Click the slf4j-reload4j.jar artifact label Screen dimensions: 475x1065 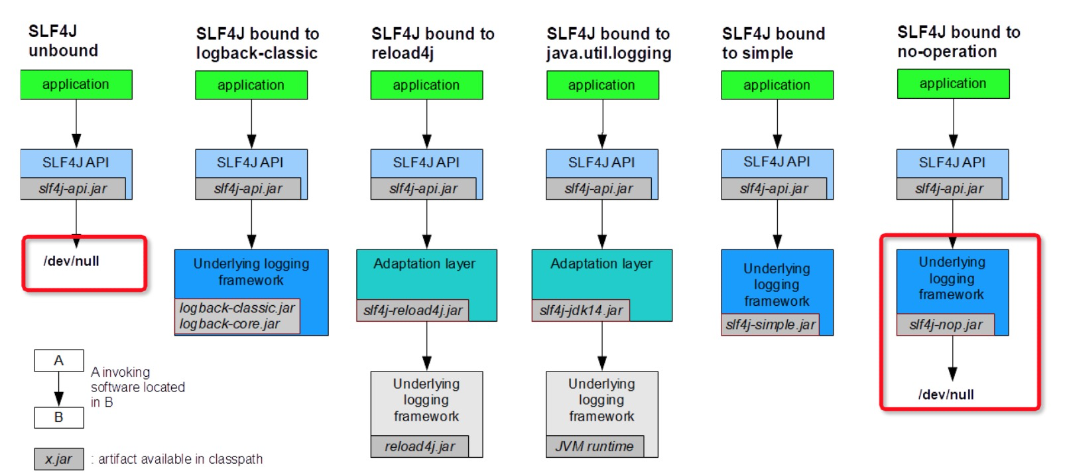[412, 310]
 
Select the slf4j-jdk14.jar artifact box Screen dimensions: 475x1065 [581, 310]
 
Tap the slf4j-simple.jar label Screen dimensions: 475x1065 [770, 324]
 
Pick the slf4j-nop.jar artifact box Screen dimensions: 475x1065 [946, 324]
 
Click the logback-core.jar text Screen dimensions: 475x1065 [229, 324]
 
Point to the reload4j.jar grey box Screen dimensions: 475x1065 [419, 446]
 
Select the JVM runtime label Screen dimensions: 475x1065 [594, 446]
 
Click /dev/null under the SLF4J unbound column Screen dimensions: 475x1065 [71, 261]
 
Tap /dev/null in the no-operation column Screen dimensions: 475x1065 [946, 395]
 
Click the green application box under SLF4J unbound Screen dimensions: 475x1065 [76, 85]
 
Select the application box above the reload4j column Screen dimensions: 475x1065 [426, 86]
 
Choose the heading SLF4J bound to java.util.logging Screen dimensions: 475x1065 [608, 43]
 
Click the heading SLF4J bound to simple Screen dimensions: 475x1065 [773, 43]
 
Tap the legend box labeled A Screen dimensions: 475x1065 [59, 361]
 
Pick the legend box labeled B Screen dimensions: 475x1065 [59, 417]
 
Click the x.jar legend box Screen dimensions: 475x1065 [59, 459]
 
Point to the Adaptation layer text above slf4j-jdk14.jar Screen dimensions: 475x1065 [601, 264]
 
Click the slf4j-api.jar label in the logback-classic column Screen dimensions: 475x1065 [248, 188]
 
